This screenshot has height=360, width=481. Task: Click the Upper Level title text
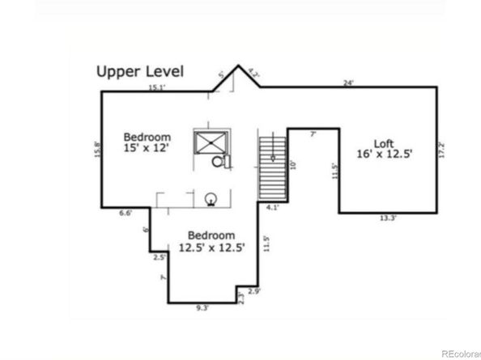[140, 71]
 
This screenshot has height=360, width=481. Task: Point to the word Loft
[385, 138]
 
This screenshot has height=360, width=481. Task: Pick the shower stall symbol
[209, 142]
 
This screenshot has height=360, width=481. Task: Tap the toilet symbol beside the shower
[219, 162]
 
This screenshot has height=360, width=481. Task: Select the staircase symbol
[272, 167]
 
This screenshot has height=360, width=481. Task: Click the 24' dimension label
[348, 83]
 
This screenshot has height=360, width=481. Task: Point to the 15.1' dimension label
[156, 87]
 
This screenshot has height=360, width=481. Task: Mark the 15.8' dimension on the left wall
[97, 150]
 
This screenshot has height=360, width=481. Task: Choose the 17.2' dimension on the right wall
[441, 150]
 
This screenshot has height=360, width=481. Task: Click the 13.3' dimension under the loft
[388, 218]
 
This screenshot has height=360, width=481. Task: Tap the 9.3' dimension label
[202, 307]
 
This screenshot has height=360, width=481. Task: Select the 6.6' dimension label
[126, 213]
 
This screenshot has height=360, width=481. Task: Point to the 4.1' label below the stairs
[272, 207]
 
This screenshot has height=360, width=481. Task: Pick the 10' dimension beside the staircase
[294, 164]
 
